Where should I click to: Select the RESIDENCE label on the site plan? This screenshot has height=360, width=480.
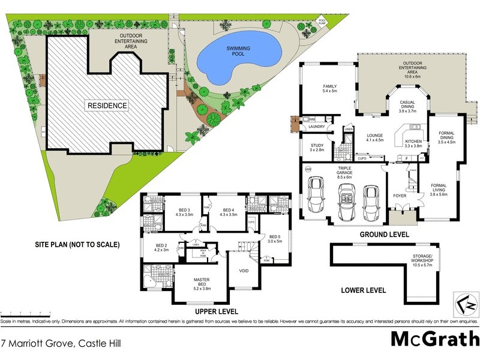[x=108, y=106]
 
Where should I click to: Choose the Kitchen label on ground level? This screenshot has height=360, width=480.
[x=414, y=143]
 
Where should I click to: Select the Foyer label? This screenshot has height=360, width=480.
[x=400, y=194]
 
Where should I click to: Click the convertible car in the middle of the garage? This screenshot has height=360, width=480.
[x=346, y=200]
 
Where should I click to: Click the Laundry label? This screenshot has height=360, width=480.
[x=316, y=127]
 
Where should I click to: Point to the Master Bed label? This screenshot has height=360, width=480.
[x=200, y=283]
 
